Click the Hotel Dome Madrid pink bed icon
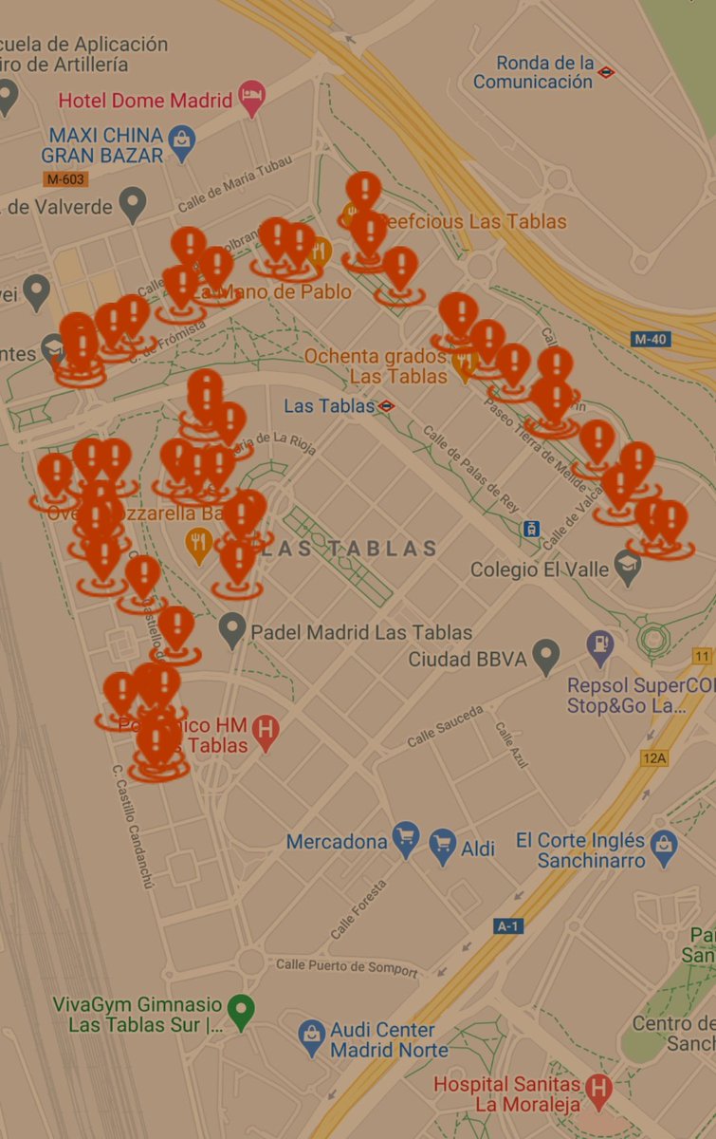click(251, 98)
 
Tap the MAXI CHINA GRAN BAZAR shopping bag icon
click(181, 143)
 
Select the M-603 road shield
click(65, 179)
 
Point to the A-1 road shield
click(507, 925)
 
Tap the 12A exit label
click(654, 757)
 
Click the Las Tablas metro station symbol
click(386, 406)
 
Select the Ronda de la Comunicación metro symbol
click(606, 71)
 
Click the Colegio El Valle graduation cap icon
click(627, 569)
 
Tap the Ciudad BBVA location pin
click(545, 655)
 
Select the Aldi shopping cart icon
click(443, 846)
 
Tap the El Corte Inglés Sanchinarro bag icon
click(664, 847)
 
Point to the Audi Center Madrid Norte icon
click(312, 1036)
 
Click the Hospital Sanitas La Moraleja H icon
click(598, 1090)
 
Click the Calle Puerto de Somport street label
click(346, 967)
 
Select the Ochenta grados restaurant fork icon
click(464, 363)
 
